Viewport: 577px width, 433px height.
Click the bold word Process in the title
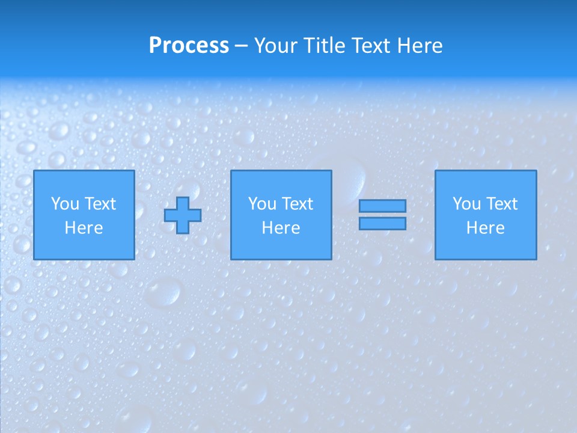(189, 46)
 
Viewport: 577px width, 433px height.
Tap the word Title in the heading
(324, 46)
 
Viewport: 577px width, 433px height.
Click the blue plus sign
(183, 215)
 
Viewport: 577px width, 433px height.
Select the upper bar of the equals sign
(382, 206)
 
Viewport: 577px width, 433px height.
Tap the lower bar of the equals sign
(382, 223)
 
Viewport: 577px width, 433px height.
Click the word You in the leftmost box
(65, 204)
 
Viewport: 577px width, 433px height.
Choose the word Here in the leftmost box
(84, 228)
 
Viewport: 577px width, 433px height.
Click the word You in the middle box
(262, 204)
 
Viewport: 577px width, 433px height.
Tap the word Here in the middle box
(281, 228)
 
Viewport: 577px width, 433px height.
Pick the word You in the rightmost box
(466, 204)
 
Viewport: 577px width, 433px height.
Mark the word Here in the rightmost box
(485, 228)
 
